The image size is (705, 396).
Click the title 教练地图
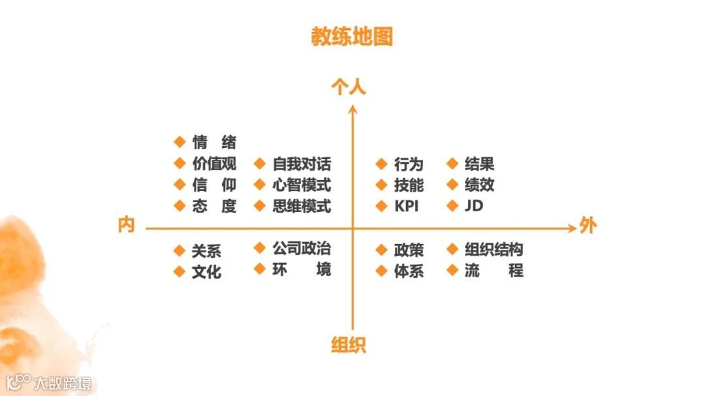tap(352, 37)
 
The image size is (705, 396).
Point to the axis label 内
tap(126, 226)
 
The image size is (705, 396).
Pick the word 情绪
tap(214, 142)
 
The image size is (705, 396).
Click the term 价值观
tap(214, 164)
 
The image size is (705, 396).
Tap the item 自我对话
tap(302, 164)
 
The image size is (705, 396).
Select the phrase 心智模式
tap(302, 185)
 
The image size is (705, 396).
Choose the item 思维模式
tap(302, 206)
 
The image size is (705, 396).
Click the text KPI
tap(406, 206)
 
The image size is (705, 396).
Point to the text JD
tap(474, 206)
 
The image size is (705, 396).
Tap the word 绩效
tap(479, 185)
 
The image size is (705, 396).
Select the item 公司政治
tap(302, 249)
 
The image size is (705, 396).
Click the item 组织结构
tap(493, 250)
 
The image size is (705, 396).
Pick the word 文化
tap(206, 271)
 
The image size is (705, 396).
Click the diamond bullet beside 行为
tap(381, 164)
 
